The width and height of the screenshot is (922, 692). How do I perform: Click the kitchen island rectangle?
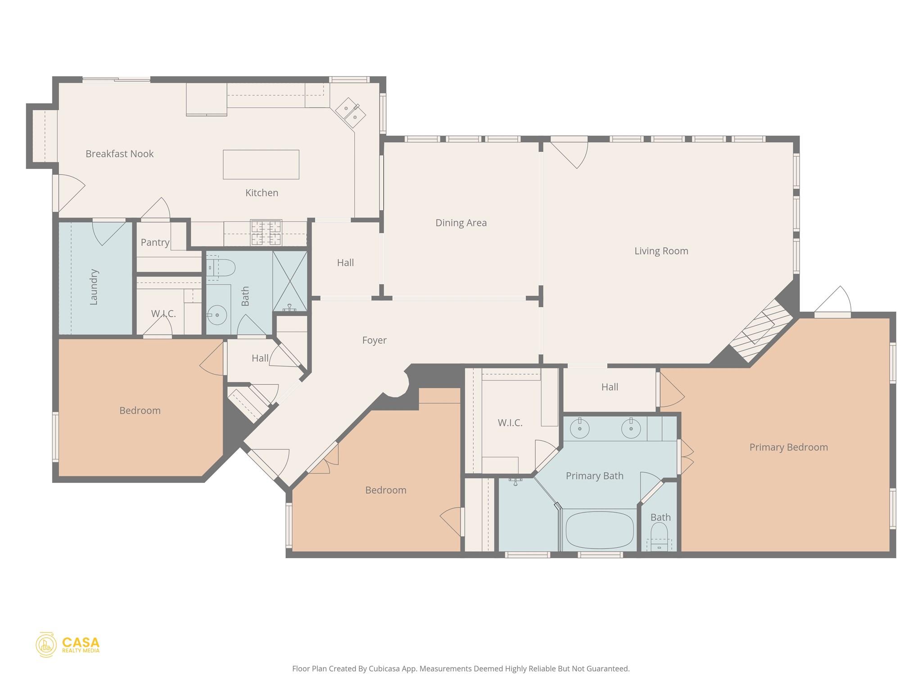[x=261, y=164]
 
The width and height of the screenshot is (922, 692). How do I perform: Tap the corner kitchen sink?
[x=351, y=112]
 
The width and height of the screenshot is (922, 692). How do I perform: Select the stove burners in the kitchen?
[x=266, y=232]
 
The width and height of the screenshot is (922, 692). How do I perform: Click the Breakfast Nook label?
[x=119, y=154]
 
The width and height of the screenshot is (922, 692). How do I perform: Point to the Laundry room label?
[x=94, y=287]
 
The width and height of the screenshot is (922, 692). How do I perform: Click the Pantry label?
[x=155, y=242]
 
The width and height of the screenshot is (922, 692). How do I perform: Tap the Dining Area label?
[x=461, y=223]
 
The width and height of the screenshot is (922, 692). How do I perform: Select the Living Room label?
[x=661, y=251]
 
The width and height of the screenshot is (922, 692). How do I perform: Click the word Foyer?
[x=374, y=340]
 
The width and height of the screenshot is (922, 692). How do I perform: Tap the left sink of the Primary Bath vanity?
[x=580, y=428]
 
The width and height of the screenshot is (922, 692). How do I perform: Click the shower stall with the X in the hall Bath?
[x=290, y=281]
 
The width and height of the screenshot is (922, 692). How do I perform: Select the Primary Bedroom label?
[x=788, y=447]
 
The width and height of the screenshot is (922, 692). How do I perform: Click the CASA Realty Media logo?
[x=68, y=645]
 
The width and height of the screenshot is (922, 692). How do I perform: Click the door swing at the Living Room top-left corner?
[x=570, y=155]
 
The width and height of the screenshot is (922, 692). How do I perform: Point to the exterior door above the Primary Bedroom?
[x=833, y=302]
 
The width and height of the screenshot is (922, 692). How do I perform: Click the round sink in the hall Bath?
[x=217, y=314]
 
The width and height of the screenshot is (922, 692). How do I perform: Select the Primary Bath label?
[x=594, y=476]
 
